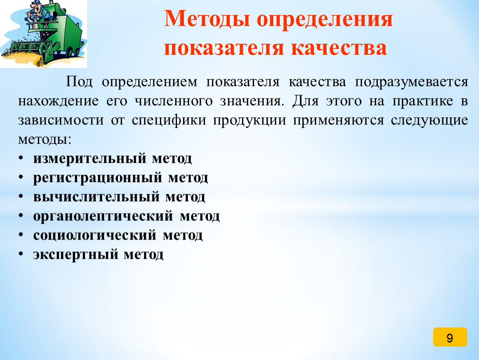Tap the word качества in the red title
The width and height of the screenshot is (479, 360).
pos(339,48)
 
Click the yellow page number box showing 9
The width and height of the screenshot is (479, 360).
pos(450,337)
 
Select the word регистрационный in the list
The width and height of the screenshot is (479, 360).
pos(97,178)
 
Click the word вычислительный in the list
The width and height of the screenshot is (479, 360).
pos(97,197)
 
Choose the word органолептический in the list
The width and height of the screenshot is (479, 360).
pos(103,216)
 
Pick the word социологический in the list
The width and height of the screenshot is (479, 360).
pos(95,235)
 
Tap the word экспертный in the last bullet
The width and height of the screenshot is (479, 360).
pos(75,255)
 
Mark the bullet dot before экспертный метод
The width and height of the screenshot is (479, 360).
pos(20,254)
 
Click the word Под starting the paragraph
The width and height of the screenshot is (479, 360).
pos(79,82)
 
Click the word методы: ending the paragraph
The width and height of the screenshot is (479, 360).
pos(45,140)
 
